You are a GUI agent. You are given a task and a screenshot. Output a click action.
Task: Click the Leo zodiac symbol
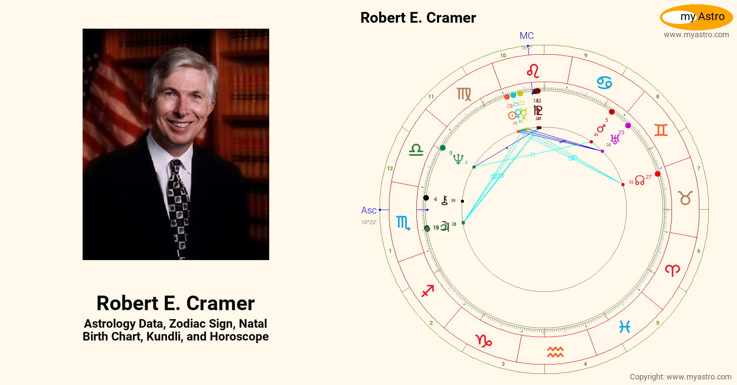pyautogui.click(x=533, y=71)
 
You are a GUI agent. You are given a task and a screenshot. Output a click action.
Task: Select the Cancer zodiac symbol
pyautogui.click(x=604, y=82)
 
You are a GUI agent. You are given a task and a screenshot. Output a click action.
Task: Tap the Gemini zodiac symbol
pyautogui.click(x=661, y=130)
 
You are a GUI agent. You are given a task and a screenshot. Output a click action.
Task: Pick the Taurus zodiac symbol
pyautogui.click(x=685, y=198)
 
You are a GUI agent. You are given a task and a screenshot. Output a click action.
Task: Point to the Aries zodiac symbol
pyautogui.click(x=672, y=270)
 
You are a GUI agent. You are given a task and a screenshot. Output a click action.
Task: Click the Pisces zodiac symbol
pyautogui.click(x=624, y=327)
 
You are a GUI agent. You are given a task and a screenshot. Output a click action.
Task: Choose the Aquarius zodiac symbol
pyautogui.click(x=555, y=352)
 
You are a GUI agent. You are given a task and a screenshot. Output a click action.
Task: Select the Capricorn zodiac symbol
pyautogui.click(x=484, y=341)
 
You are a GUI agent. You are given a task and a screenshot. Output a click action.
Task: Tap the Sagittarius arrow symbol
pyautogui.click(x=428, y=291)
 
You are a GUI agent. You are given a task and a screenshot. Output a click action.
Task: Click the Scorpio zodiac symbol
pyautogui.click(x=403, y=223)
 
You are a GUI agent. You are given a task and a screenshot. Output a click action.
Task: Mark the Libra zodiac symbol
pyautogui.click(x=416, y=150)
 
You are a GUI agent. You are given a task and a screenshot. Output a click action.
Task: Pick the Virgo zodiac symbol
pyautogui.click(x=464, y=94)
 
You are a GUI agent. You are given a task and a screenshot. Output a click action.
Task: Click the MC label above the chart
pyautogui.click(x=526, y=36)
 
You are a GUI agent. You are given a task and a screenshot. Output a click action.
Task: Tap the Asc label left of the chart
pyautogui.click(x=368, y=210)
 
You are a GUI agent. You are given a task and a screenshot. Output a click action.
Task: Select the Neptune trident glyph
pyautogui.click(x=458, y=159)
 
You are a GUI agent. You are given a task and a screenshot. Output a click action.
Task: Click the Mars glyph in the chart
pyautogui.click(x=601, y=128)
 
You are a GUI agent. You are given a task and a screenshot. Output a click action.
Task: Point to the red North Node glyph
pyautogui.click(x=639, y=180)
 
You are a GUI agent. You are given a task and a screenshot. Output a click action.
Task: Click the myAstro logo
pyautogui.click(x=696, y=17)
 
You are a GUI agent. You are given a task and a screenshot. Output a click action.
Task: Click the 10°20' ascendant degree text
pyautogui.click(x=368, y=222)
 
